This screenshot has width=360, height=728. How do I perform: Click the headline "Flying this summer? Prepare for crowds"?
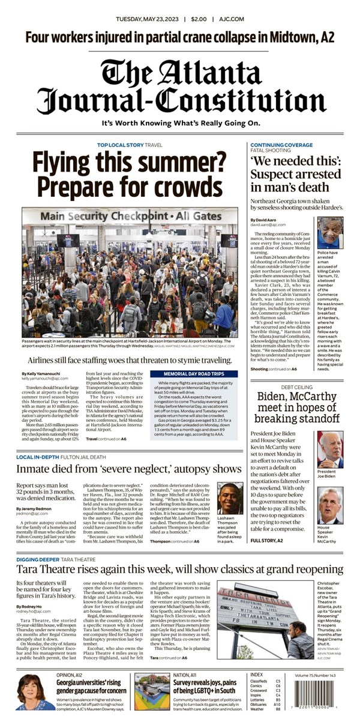coord(127,174)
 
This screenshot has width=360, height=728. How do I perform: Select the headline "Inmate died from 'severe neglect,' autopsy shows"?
coord(129,468)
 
